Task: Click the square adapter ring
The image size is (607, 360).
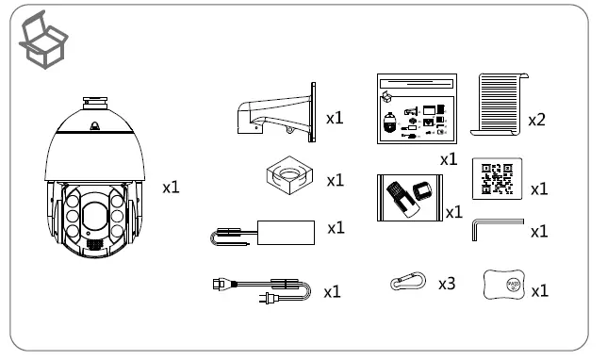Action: pos(287,175)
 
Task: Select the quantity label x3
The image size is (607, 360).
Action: pos(447,282)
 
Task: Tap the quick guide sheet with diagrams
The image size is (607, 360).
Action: pos(416,109)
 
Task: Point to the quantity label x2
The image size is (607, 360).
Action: pos(537,120)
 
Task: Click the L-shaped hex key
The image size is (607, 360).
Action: pos(494,229)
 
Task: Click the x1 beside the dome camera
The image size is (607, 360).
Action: pos(172,188)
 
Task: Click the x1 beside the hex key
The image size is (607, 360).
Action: pos(539,232)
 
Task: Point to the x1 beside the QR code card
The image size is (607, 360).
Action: pos(540,188)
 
